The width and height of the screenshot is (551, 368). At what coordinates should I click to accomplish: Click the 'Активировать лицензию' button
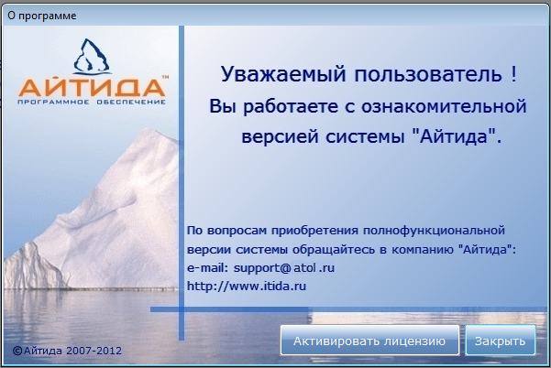click(x=369, y=341)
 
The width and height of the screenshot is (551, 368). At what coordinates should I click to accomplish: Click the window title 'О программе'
click(x=42, y=16)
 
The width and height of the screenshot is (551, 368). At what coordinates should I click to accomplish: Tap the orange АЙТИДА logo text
click(x=92, y=87)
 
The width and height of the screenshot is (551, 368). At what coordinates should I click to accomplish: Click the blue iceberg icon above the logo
click(x=92, y=57)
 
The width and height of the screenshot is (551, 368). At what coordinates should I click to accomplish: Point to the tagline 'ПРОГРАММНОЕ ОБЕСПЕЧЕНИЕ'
click(x=92, y=103)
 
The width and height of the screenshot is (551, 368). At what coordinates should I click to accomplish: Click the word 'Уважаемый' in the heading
click(x=283, y=74)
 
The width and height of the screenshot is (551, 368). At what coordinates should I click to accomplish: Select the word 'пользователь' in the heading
click(x=428, y=74)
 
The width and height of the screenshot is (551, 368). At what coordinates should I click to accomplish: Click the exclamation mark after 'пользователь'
click(x=514, y=73)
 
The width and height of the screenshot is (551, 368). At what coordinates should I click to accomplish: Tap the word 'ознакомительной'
click(x=444, y=106)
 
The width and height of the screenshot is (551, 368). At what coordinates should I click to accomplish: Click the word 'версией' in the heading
click(x=279, y=136)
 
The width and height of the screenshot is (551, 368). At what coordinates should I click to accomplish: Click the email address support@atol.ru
click(x=284, y=268)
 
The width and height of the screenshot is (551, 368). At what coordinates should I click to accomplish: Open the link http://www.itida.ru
click(x=247, y=286)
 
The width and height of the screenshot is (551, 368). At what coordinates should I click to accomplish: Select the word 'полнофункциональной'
click(x=434, y=231)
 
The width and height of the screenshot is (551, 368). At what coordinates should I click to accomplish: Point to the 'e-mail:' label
click(x=208, y=268)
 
